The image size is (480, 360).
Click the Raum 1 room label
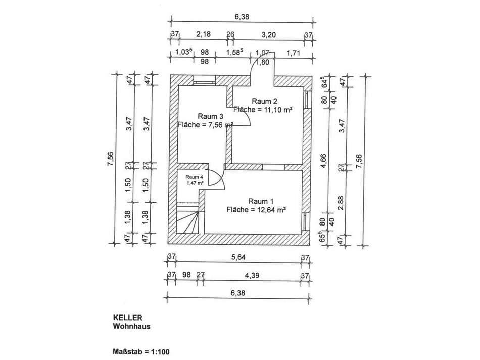point(261,201)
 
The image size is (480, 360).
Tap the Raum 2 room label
point(264,101)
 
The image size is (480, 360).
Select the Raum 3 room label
point(210,116)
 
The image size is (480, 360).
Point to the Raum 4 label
point(194,177)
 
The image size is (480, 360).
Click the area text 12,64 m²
point(270,210)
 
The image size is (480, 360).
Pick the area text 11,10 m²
point(276,109)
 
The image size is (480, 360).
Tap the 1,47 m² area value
point(195,183)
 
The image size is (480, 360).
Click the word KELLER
point(128,318)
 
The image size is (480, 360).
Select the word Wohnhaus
point(132,326)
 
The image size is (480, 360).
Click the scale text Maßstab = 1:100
point(141,352)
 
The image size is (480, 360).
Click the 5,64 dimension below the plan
point(238,257)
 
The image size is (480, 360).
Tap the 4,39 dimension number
point(252,275)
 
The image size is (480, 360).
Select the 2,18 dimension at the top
point(203,34)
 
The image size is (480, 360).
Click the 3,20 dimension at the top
point(268,35)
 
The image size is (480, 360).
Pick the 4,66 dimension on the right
point(324,161)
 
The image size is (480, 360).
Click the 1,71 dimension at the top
point(293,53)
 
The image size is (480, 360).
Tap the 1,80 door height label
point(263,62)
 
